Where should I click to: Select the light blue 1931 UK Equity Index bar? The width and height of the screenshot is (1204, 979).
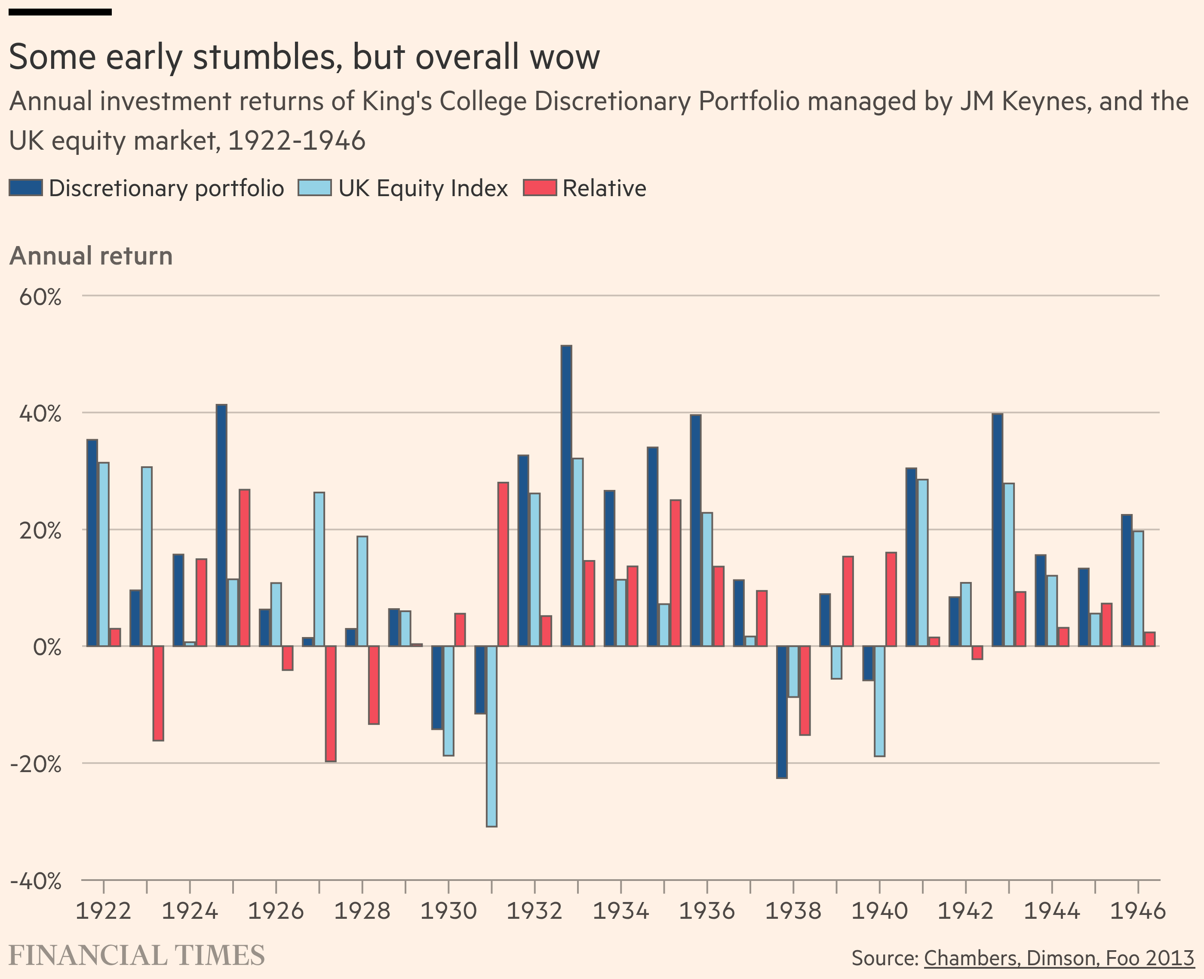(x=491, y=736)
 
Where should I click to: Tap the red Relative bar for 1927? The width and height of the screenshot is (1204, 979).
(x=331, y=703)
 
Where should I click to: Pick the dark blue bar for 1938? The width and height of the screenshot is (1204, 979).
(x=782, y=712)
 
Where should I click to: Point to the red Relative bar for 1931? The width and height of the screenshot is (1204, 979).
(x=503, y=564)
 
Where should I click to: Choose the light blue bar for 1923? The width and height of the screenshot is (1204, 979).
(x=147, y=556)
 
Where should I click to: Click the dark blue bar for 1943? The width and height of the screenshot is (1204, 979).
(x=997, y=530)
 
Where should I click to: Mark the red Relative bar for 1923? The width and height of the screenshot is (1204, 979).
(x=158, y=693)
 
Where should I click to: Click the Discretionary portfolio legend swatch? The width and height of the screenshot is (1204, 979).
(x=26, y=188)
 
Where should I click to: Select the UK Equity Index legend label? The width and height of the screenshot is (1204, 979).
(x=423, y=188)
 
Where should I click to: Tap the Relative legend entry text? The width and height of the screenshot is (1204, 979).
(x=604, y=188)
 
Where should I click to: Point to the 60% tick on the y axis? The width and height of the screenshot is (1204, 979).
(x=40, y=297)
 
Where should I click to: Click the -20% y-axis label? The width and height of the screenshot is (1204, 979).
(x=36, y=764)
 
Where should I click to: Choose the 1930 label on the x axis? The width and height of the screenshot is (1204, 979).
(x=448, y=911)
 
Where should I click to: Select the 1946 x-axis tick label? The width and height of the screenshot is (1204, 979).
(x=1137, y=911)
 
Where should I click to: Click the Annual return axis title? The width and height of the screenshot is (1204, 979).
(x=91, y=256)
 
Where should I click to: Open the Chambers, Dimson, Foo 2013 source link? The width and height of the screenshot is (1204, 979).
(x=1059, y=957)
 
